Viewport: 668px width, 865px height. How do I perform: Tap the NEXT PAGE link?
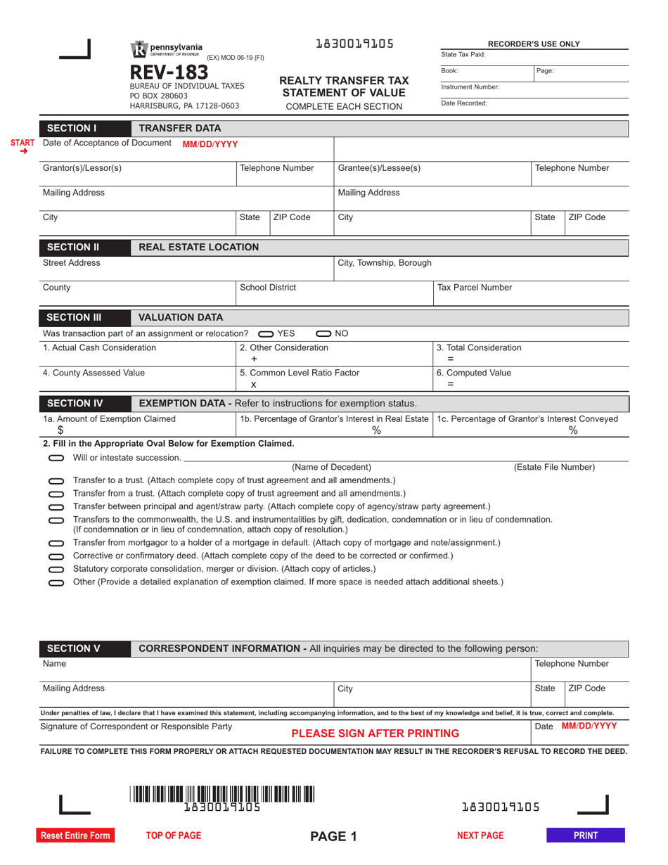point(480,835)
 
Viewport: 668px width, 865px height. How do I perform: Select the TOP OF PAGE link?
point(173,835)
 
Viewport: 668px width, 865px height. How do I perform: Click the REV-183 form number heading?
point(169,72)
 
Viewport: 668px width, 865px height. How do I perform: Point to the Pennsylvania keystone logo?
point(139,49)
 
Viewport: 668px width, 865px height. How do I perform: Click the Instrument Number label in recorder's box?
point(470,86)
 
